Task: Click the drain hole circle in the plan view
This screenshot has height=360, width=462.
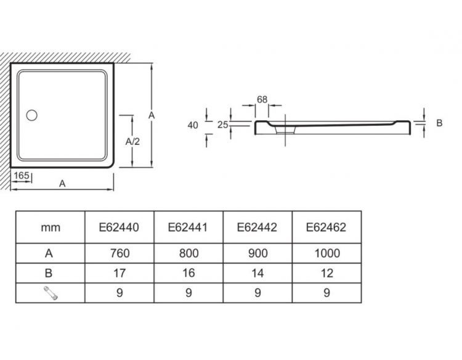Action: coord(31,115)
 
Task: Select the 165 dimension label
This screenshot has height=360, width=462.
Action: coord(22,176)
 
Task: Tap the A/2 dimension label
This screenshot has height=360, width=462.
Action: coord(132,141)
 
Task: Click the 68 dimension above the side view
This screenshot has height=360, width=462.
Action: coord(262,99)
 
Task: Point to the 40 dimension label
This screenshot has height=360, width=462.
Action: coord(192,125)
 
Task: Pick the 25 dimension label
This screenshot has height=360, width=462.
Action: coord(223,125)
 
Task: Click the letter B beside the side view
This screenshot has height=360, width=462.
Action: coord(439,123)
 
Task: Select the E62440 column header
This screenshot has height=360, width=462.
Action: coord(119,227)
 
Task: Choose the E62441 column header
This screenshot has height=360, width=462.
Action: coord(188,227)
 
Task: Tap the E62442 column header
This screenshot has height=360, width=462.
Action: coord(257,227)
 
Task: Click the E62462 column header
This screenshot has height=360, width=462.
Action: coord(326,227)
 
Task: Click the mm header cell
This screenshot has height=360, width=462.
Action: coord(51,227)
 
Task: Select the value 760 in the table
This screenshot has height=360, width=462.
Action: coord(119,253)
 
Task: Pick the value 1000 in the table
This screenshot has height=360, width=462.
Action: coord(326,253)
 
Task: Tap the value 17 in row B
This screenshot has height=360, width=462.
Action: coord(119,274)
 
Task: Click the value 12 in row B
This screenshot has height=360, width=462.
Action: coord(326,274)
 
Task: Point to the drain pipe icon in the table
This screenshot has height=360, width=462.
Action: coord(50,294)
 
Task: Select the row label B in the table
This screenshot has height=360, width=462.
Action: coord(50,274)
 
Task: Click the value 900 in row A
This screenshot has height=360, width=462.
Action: coord(257,253)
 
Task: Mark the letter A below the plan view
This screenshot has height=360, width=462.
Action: coord(62,183)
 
